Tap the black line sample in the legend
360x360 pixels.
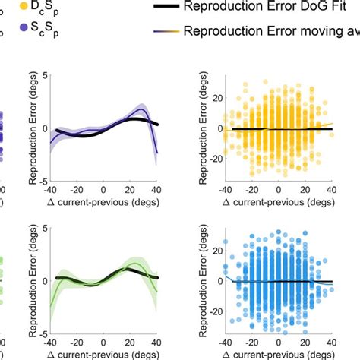[x=165, y=7]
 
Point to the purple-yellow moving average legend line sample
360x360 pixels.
[x=165, y=32]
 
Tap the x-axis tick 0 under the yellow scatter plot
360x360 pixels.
[x=279, y=190]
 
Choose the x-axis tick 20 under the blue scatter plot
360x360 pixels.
[x=306, y=342]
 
